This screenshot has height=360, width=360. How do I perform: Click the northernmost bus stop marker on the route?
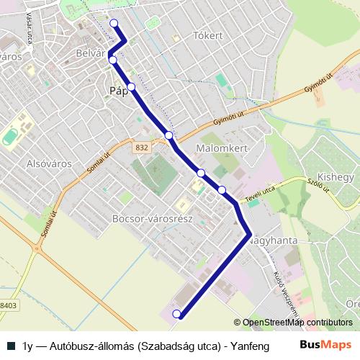(x=113, y=23)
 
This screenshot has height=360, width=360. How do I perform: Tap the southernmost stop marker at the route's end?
(x=176, y=314)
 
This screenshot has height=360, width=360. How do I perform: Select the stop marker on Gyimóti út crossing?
(x=168, y=135)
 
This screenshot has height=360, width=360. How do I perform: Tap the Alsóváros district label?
(x=50, y=163)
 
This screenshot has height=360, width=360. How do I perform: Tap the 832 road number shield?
(x=141, y=147)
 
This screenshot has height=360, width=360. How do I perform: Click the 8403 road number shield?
(x=7, y=305)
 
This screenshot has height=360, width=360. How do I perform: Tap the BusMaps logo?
(x=326, y=346)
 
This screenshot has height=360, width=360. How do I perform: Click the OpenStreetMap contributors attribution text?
(x=292, y=323)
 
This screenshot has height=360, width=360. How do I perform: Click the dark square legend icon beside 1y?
(x=12, y=346)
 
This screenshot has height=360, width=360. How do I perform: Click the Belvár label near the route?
(x=91, y=53)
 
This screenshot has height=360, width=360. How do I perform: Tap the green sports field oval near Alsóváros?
(x=10, y=135)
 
